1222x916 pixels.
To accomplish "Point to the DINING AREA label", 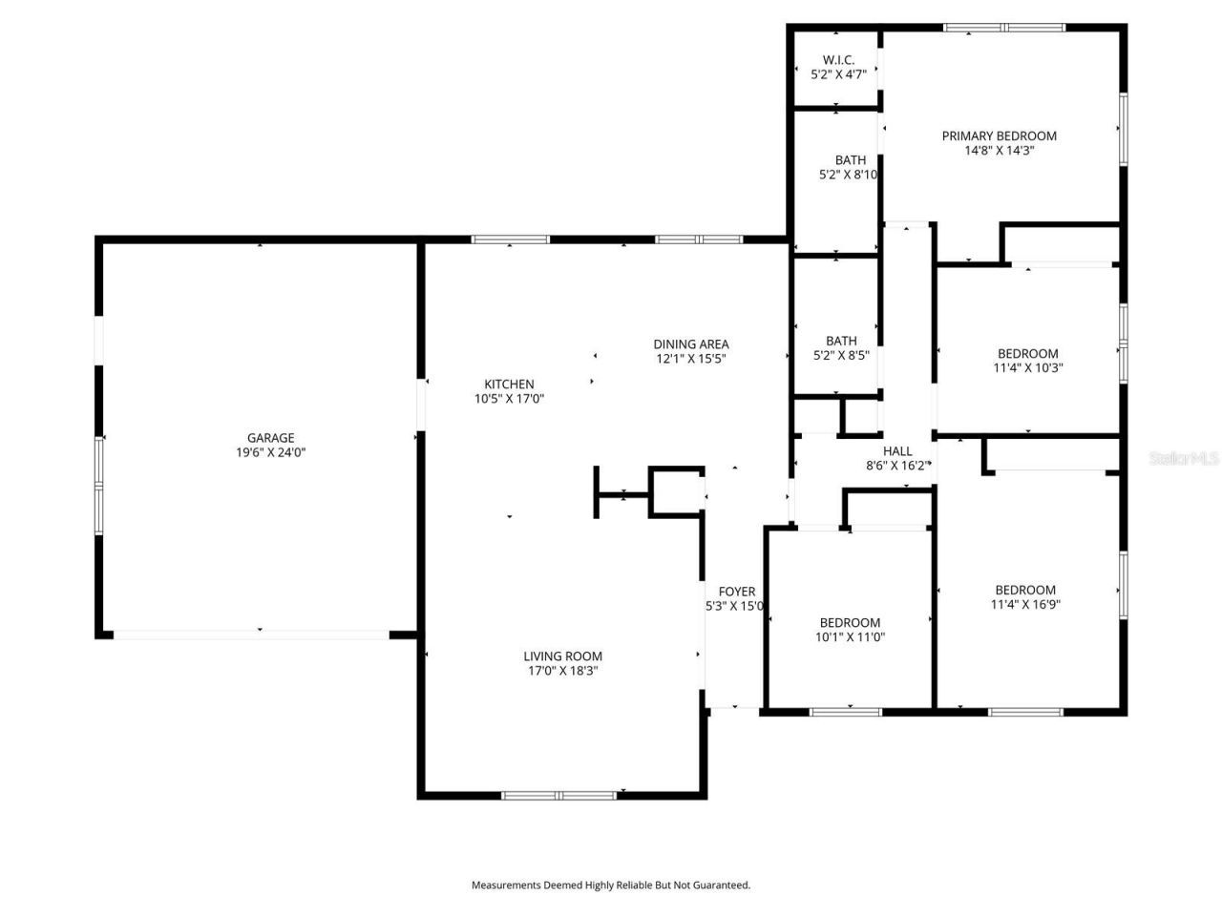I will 691,344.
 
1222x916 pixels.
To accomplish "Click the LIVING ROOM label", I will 562,656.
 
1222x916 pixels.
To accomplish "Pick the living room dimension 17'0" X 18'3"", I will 562,671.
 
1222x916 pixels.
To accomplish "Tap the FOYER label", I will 736,592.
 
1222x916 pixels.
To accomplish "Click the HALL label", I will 896,451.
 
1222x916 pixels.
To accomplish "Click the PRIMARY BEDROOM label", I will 999,135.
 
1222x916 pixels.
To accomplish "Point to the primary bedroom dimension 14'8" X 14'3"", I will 999,150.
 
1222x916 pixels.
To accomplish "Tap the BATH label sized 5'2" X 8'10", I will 850,160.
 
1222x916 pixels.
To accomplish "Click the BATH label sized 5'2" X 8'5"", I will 841,341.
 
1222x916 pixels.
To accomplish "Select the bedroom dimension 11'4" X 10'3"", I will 1027,367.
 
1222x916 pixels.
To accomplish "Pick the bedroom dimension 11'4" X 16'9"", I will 1025,604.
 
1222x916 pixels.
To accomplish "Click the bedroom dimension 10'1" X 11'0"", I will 850,637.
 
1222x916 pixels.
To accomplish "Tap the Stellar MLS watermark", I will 1184,459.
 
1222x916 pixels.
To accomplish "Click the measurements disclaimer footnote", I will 611,885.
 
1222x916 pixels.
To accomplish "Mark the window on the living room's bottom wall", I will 559,795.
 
